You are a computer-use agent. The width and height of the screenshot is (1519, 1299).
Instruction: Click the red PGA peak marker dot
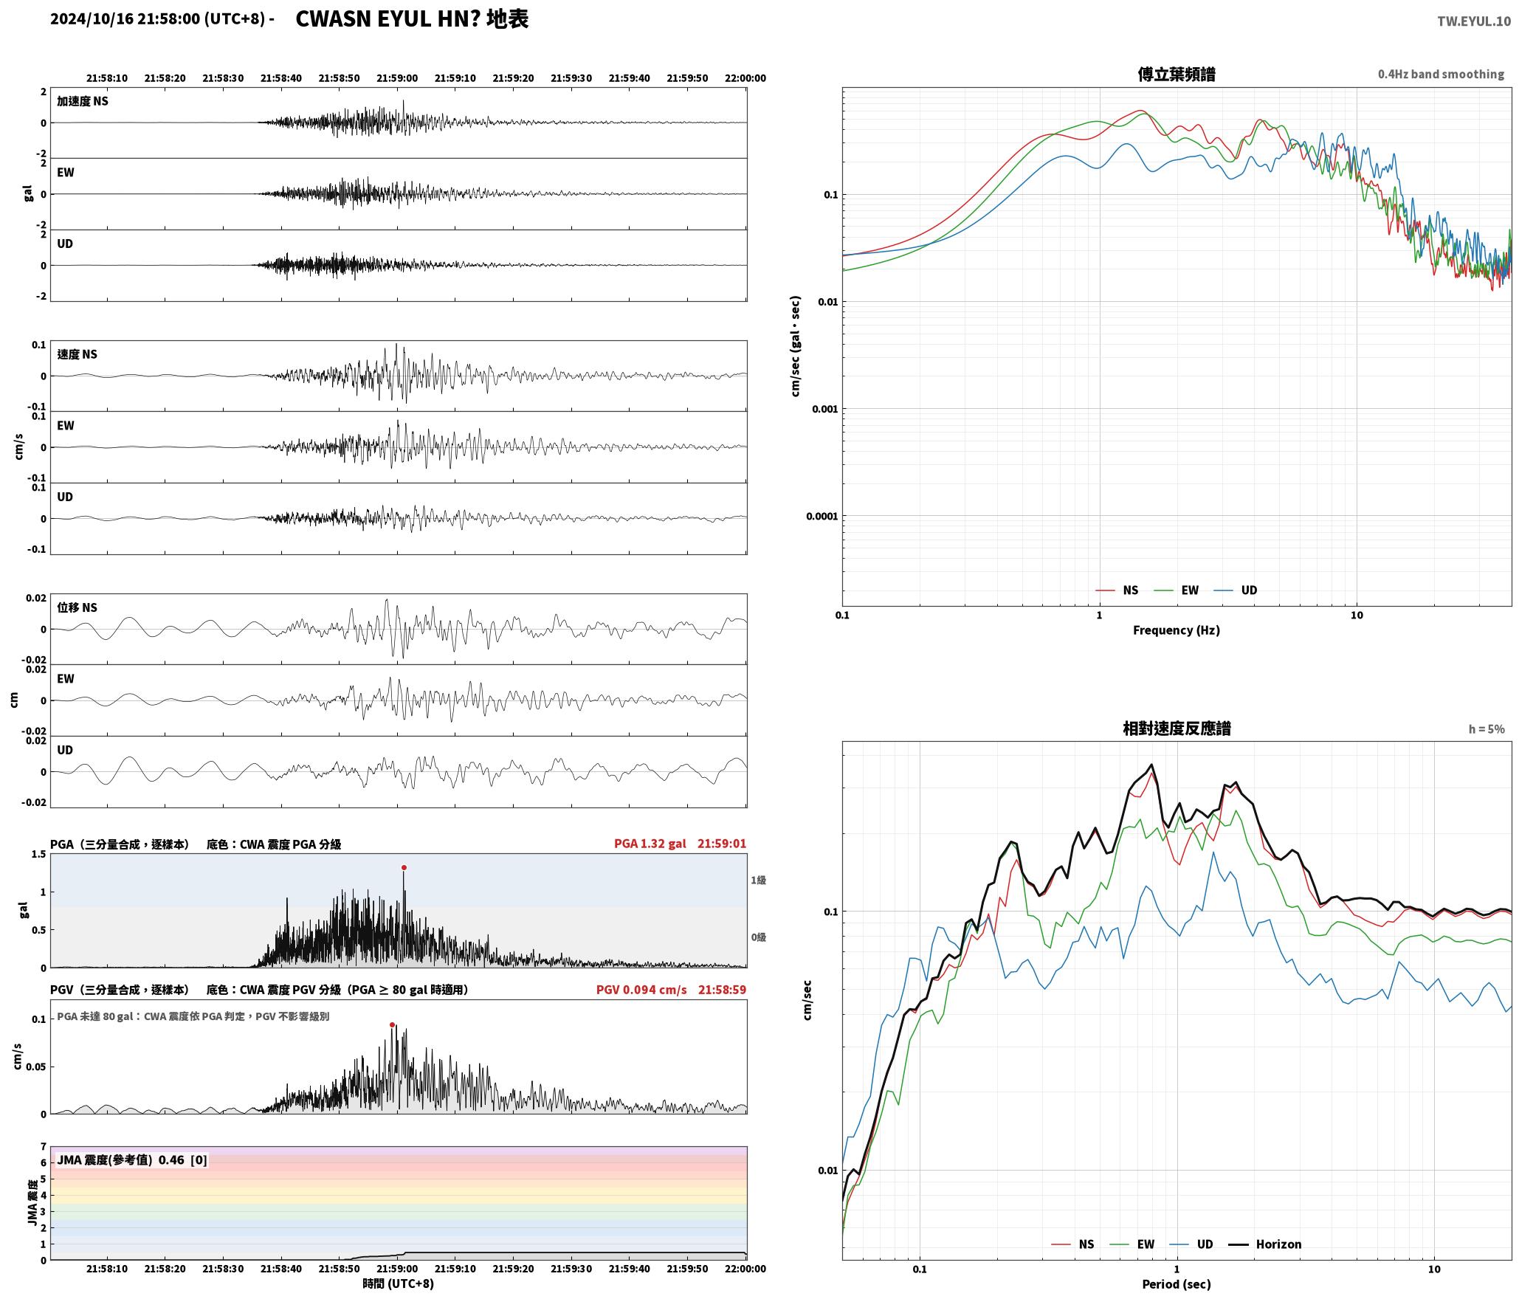click(x=404, y=868)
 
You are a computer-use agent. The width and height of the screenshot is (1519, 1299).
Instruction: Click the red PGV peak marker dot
click(x=392, y=1024)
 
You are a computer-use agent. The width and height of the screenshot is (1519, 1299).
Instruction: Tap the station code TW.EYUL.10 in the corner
click(x=1473, y=21)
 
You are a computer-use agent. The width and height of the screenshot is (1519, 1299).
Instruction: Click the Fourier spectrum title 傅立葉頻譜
click(x=1177, y=75)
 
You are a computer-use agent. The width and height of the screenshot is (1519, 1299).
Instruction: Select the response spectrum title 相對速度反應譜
click(x=1177, y=728)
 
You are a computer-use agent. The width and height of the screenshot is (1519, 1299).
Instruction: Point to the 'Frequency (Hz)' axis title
click(x=1177, y=630)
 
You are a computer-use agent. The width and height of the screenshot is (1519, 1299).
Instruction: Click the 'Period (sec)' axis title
click(x=1177, y=1284)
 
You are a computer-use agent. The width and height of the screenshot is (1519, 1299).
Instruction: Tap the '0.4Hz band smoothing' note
click(x=1441, y=75)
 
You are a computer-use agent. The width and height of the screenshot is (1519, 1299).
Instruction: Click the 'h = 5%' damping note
click(x=1486, y=729)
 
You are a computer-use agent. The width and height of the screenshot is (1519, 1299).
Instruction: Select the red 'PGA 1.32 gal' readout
click(x=650, y=844)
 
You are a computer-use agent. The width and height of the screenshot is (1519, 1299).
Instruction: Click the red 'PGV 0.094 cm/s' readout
click(x=641, y=990)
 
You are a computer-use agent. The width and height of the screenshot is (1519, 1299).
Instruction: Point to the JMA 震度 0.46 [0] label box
click(x=132, y=1160)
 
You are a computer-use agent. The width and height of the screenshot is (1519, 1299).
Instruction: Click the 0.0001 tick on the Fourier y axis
click(x=821, y=517)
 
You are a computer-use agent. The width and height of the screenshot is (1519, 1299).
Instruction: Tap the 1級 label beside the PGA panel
click(x=758, y=881)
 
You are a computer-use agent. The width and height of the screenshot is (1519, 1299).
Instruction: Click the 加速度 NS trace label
click(x=83, y=101)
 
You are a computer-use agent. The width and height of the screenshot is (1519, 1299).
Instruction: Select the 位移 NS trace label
click(x=77, y=608)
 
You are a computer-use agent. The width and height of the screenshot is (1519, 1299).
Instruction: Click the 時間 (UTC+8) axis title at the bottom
click(x=398, y=1284)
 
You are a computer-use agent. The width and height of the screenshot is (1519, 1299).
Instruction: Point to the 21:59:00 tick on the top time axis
click(x=397, y=78)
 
